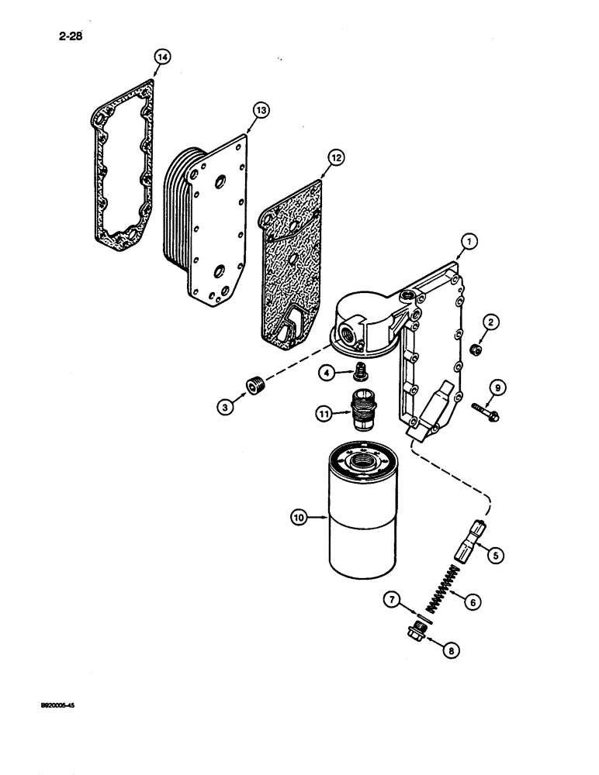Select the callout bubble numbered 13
[x=260, y=111]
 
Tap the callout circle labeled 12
[x=335, y=158]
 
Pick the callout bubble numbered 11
[x=324, y=415]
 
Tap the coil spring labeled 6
[x=438, y=598]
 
